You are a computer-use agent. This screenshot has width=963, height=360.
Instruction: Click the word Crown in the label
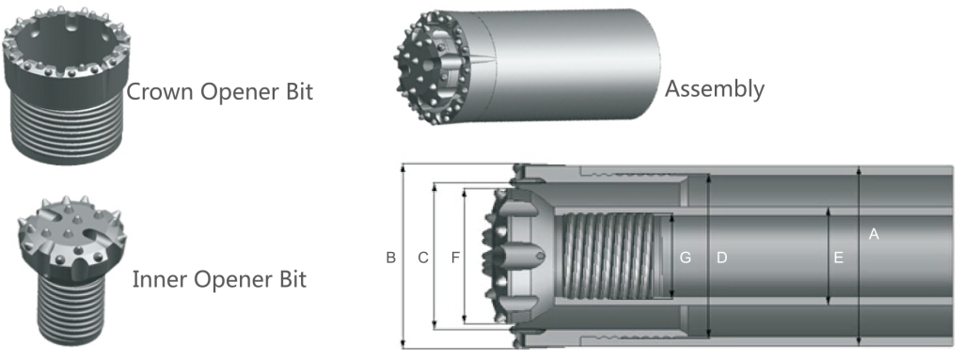pyautogui.click(x=157, y=92)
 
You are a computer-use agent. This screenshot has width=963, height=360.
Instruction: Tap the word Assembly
pyautogui.click(x=715, y=89)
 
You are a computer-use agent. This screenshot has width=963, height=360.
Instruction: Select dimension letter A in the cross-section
pyautogui.click(x=874, y=234)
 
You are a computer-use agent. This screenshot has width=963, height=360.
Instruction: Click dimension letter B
pyautogui.click(x=390, y=258)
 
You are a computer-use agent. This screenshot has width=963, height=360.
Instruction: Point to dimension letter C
pyautogui.click(x=423, y=258)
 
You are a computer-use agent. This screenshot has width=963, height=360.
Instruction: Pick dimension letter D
pyautogui.click(x=722, y=258)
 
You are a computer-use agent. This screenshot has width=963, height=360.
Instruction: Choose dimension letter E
pyautogui.click(x=839, y=258)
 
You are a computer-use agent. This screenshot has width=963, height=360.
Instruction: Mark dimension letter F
pyautogui.click(x=455, y=258)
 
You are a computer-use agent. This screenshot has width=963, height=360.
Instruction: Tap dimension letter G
pyautogui.click(x=686, y=258)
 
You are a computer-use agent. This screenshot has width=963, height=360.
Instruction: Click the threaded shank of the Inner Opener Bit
pyautogui.click(x=65, y=310)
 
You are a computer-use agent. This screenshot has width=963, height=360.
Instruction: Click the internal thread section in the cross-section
pyautogui.click(x=611, y=257)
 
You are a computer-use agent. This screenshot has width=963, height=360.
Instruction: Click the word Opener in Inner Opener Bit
pyautogui.click(x=230, y=281)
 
